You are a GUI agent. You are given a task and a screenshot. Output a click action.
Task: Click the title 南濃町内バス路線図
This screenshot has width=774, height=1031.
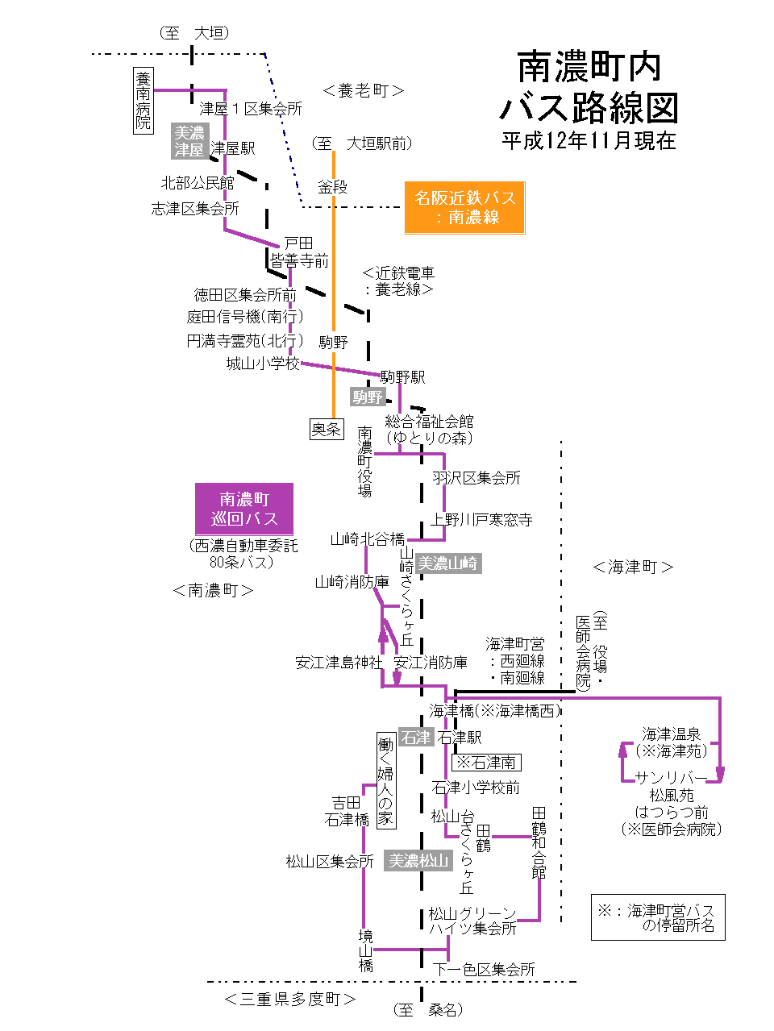click(589, 87)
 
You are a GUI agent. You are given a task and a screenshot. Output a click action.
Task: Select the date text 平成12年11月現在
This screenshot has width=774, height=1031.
click(589, 141)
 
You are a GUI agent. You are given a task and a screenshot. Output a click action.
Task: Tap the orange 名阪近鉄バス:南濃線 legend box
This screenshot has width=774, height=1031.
click(464, 208)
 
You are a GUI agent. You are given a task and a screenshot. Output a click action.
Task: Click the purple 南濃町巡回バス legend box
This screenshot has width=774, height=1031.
click(244, 509)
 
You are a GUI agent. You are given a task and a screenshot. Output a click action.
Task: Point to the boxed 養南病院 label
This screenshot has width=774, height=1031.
click(143, 101)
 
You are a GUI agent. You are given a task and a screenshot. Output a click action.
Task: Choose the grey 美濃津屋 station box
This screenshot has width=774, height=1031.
click(190, 141)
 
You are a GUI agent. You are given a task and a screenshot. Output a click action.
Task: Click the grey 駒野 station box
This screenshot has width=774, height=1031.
click(368, 397)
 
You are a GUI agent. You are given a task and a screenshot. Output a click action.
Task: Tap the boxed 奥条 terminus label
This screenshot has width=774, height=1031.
click(327, 430)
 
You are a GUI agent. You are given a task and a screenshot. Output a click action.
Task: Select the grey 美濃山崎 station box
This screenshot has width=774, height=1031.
click(448, 563)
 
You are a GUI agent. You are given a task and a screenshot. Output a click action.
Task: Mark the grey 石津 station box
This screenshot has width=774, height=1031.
click(416, 737)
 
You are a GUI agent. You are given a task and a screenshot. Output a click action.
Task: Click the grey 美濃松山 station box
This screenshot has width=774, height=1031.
click(418, 861)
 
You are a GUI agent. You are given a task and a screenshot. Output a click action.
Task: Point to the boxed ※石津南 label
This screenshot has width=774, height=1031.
click(486, 762)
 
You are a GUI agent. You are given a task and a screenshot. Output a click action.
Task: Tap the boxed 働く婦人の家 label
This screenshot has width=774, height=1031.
click(385, 780)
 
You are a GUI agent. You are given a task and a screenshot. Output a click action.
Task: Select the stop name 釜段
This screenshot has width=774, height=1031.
click(332, 187)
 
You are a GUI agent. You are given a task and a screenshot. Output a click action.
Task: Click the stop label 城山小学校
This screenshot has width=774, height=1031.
click(263, 364)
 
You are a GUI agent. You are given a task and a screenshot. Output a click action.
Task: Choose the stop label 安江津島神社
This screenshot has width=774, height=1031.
click(339, 663)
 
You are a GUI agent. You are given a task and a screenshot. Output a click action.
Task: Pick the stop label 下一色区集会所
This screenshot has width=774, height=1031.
click(484, 969)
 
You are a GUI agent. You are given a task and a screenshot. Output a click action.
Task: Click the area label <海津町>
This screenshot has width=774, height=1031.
click(633, 567)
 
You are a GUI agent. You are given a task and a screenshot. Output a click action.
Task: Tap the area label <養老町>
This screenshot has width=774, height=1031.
click(363, 91)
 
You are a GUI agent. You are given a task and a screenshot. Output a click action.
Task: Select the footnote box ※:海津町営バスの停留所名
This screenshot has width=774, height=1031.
click(658, 917)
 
